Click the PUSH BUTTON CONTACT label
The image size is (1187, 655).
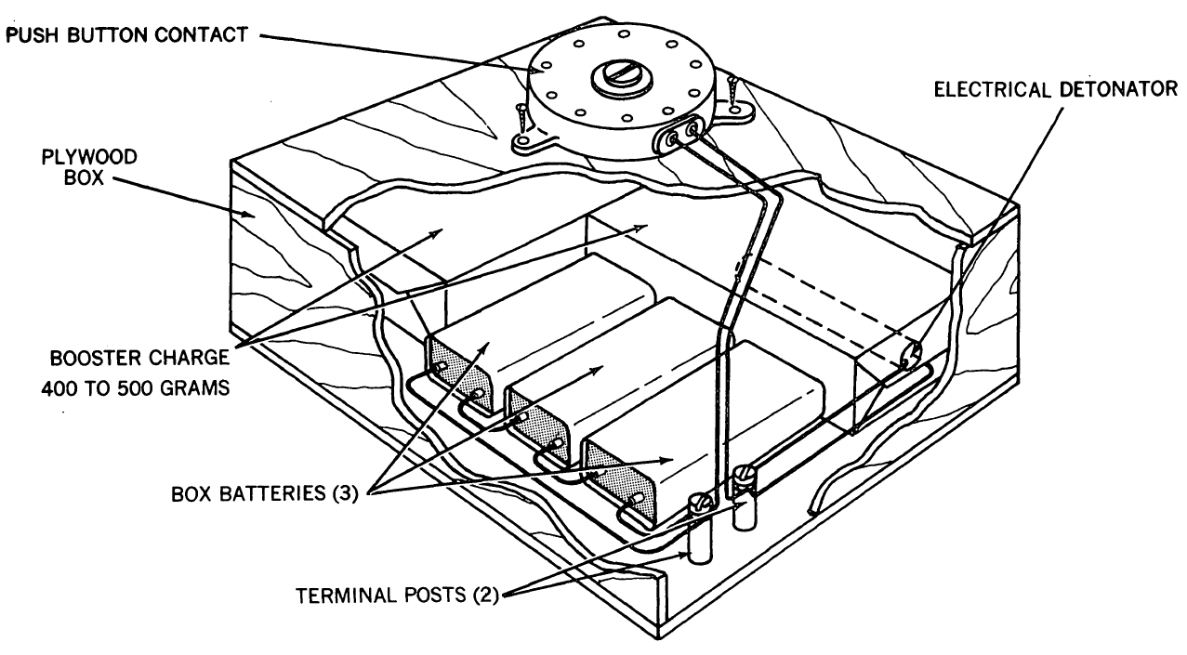tap(126, 35)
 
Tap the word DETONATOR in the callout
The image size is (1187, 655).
tap(1118, 89)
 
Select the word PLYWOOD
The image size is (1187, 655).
tap(89, 157)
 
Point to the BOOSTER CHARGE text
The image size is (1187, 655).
tap(140, 358)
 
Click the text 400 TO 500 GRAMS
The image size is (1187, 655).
tap(136, 388)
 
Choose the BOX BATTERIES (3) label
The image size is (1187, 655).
tap(264, 493)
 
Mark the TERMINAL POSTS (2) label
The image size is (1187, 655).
tap(398, 596)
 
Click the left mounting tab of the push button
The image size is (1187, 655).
tap(530, 143)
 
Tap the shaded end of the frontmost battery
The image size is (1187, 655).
tap(620, 482)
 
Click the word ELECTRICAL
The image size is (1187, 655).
tap(992, 89)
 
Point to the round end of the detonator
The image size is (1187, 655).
tap(912, 355)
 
